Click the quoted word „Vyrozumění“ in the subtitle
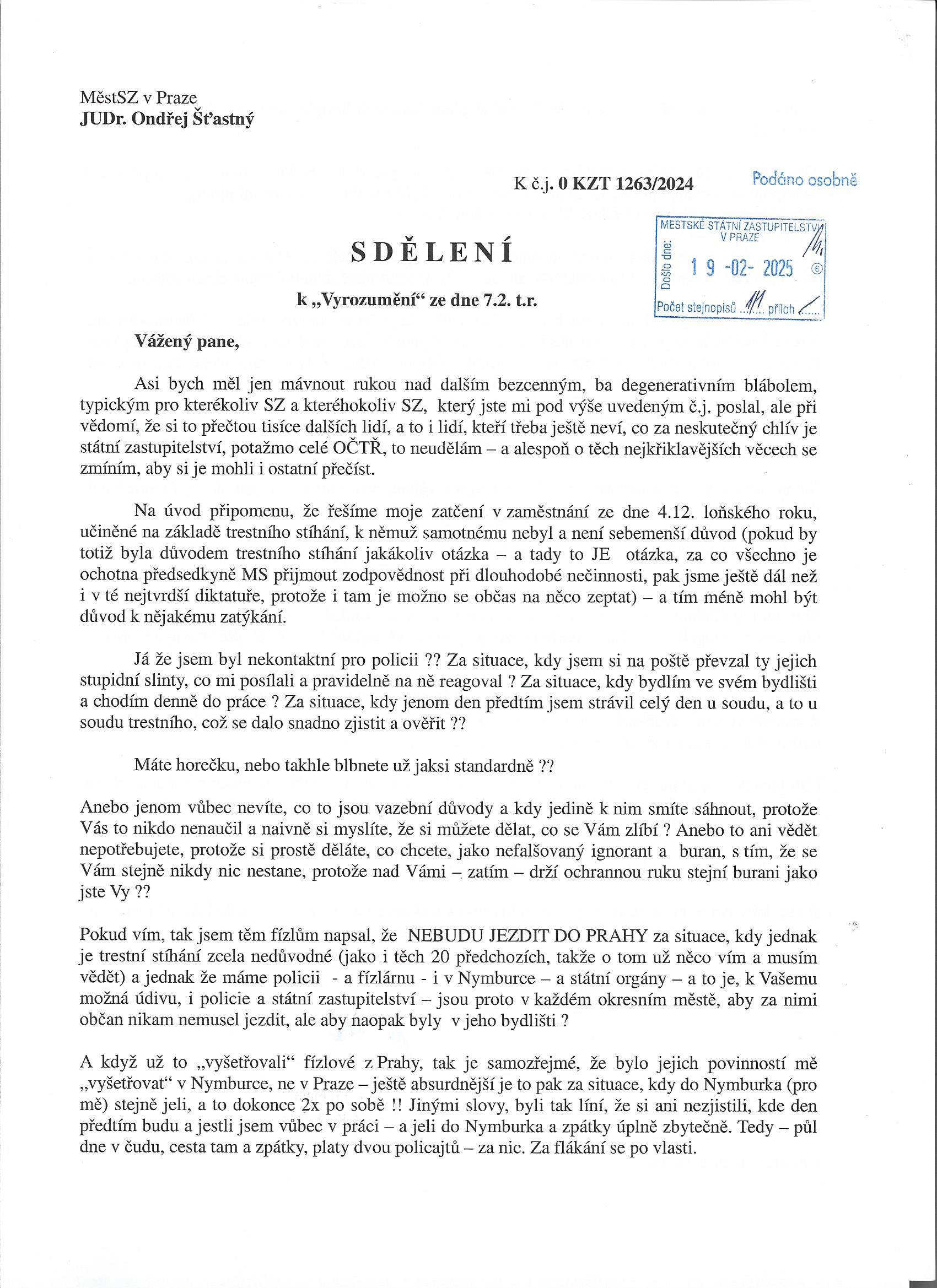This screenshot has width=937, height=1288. click(362, 300)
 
